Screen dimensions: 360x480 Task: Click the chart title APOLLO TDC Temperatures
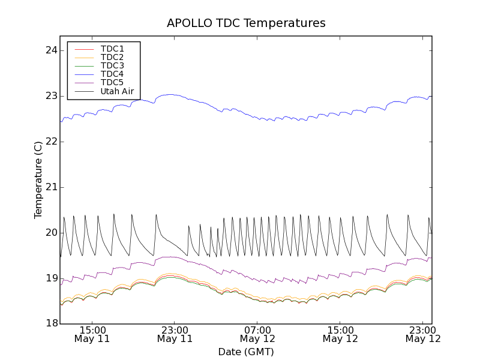(x=246, y=23)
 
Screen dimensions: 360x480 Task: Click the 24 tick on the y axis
(x=50, y=50)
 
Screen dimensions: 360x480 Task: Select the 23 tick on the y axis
(x=50, y=96)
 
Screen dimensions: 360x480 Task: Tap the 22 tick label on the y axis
(x=50, y=142)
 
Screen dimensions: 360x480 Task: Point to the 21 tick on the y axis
(x=50, y=187)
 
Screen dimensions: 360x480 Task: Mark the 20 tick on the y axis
(x=50, y=233)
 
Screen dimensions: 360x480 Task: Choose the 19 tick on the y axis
(x=50, y=278)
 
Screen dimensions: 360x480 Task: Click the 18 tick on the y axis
(x=50, y=324)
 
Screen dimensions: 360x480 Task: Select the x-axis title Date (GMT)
(x=246, y=352)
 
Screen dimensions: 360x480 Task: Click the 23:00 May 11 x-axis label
(x=175, y=334)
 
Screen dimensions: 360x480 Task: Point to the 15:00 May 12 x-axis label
(x=340, y=334)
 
